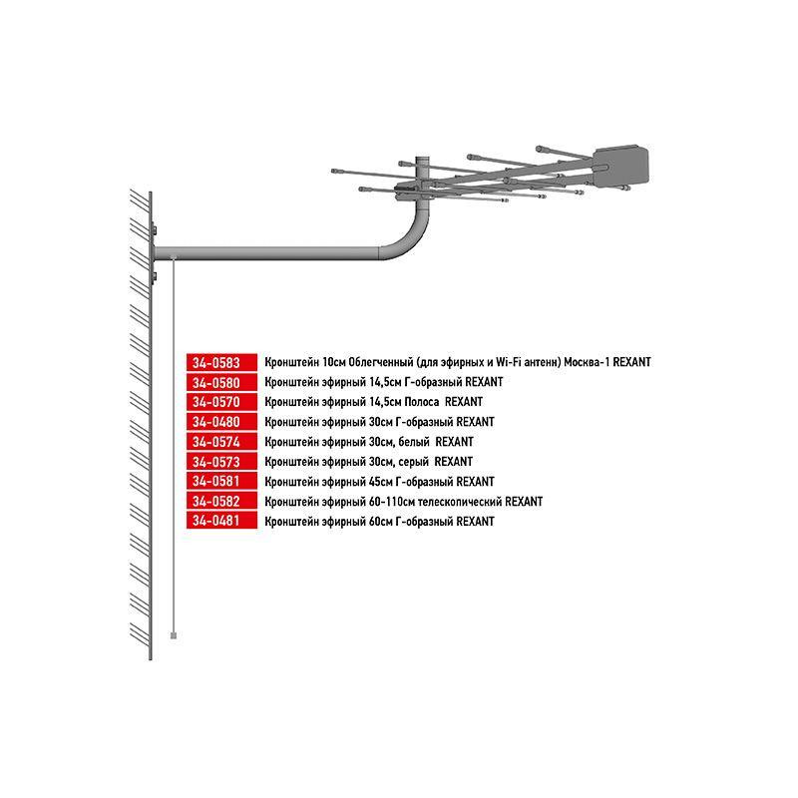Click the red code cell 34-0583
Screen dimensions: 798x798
pyautogui.click(x=221, y=362)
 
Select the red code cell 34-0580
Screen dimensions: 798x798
pyautogui.click(x=221, y=382)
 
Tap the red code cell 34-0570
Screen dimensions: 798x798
pyautogui.click(x=221, y=402)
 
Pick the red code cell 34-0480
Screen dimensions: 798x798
pyautogui.click(x=221, y=422)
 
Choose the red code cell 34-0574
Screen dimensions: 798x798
pyautogui.click(x=221, y=442)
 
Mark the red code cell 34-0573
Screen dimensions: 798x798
pyautogui.click(x=221, y=462)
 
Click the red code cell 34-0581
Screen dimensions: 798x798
pyautogui.click(x=221, y=482)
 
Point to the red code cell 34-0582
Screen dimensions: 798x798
pyautogui.click(x=221, y=502)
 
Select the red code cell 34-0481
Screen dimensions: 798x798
pyautogui.click(x=221, y=522)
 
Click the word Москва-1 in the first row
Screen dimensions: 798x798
pyautogui.click(x=587, y=362)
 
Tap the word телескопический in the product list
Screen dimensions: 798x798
pyautogui.click(x=461, y=502)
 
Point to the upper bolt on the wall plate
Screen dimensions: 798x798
pyautogui.click(x=156, y=232)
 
